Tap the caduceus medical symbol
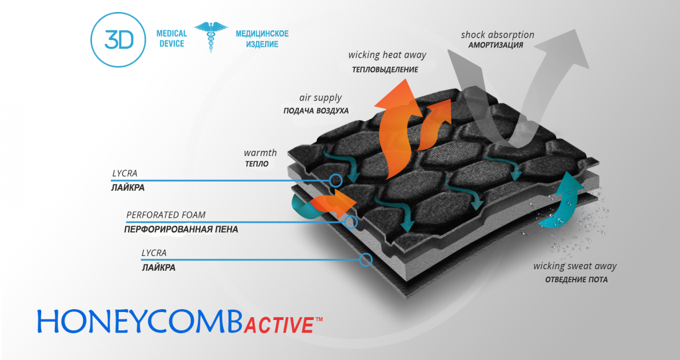pyautogui.click(x=211, y=37)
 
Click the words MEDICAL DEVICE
pyautogui.click(x=172, y=39)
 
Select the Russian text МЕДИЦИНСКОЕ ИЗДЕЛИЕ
pyautogui.click(x=262, y=39)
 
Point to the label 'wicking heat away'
pyautogui.click(x=387, y=55)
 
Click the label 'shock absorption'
pyautogui.click(x=497, y=35)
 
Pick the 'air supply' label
pyautogui.click(x=321, y=98)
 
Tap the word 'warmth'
pyautogui.click(x=260, y=153)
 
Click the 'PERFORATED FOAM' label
pyautogui.click(x=166, y=215)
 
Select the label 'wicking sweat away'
pyautogui.click(x=575, y=266)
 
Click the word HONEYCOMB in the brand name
pyautogui.click(x=139, y=322)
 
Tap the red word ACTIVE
pyautogui.click(x=279, y=325)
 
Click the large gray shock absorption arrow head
pyautogui.click(x=565, y=49)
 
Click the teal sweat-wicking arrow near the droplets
pyautogui.click(x=562, y=202)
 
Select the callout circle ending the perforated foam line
pyautogui.click(x=351, y=222)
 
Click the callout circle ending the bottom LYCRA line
pyautogui.click(x=366, y=260)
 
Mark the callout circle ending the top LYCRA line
pyautogui.click(x=335, y=180)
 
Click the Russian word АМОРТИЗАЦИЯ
pyautogui.click(x=495, y=45)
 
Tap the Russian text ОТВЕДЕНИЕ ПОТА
pyautogui.click(x=577, y=280)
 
